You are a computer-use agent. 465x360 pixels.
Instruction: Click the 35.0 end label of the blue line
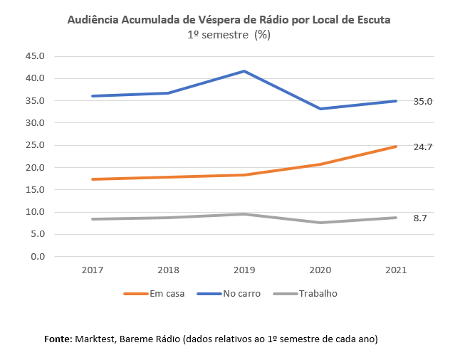(x=423, y=102)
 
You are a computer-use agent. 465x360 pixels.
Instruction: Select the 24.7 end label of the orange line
(x=423, y=147)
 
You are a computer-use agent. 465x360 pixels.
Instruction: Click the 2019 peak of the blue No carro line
(x=244, y=71)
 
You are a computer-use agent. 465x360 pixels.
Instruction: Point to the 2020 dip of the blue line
(x=320, y=109)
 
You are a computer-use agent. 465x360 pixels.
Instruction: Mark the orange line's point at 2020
(x=320, y=164)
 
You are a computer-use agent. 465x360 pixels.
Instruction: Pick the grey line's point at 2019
(x=244, y=214)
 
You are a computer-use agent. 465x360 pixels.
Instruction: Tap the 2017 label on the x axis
(x=93, y=271)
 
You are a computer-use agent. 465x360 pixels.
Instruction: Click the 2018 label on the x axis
(x=168, y=271)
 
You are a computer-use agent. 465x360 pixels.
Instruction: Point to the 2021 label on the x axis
(x=397, y=271)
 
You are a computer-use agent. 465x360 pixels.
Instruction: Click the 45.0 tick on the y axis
(x=35, y=56)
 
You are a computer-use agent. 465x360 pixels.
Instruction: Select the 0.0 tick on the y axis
(x=37, y=256)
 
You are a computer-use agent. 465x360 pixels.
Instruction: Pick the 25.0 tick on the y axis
(x=35, y=145)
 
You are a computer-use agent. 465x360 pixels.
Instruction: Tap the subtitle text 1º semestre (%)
(x=229, y=34)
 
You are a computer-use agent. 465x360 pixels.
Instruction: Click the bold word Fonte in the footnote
(x=57, y=339)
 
